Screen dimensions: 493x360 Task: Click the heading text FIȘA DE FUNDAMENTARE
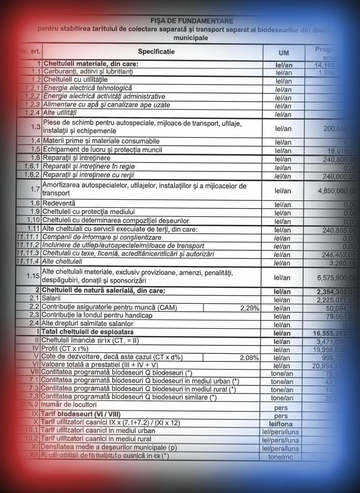click(x=192, y=21)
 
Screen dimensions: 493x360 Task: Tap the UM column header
click(x=283, y=53)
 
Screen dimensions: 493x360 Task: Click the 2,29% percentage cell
click(x=250, y=308)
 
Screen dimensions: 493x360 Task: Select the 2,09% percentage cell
click(x=250, y=358)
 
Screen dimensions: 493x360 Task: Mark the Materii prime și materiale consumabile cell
click(x=101, y=141)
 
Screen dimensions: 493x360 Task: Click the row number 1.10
click(x=33, y=220)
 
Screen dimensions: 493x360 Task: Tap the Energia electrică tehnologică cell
click(x=87, y=88)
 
